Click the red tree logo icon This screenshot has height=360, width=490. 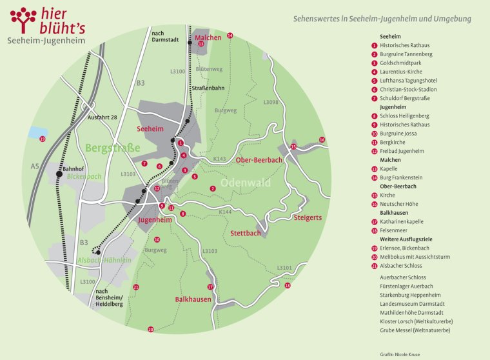click(24, 19)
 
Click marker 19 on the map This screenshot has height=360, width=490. click(43, 139)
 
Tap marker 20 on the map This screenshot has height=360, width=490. click(151, 330)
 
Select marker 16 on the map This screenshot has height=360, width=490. click(322, 140)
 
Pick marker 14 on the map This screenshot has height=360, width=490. click(230, 35)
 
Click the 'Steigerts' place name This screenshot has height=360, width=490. click(307, 218)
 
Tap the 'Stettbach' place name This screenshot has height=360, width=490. click(246, 233)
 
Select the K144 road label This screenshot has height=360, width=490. click(224, 212)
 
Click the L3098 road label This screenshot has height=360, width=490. click(271, 102)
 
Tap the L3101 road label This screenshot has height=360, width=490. click(284, 267)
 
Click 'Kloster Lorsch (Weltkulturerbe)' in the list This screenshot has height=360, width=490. click(415, 321)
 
